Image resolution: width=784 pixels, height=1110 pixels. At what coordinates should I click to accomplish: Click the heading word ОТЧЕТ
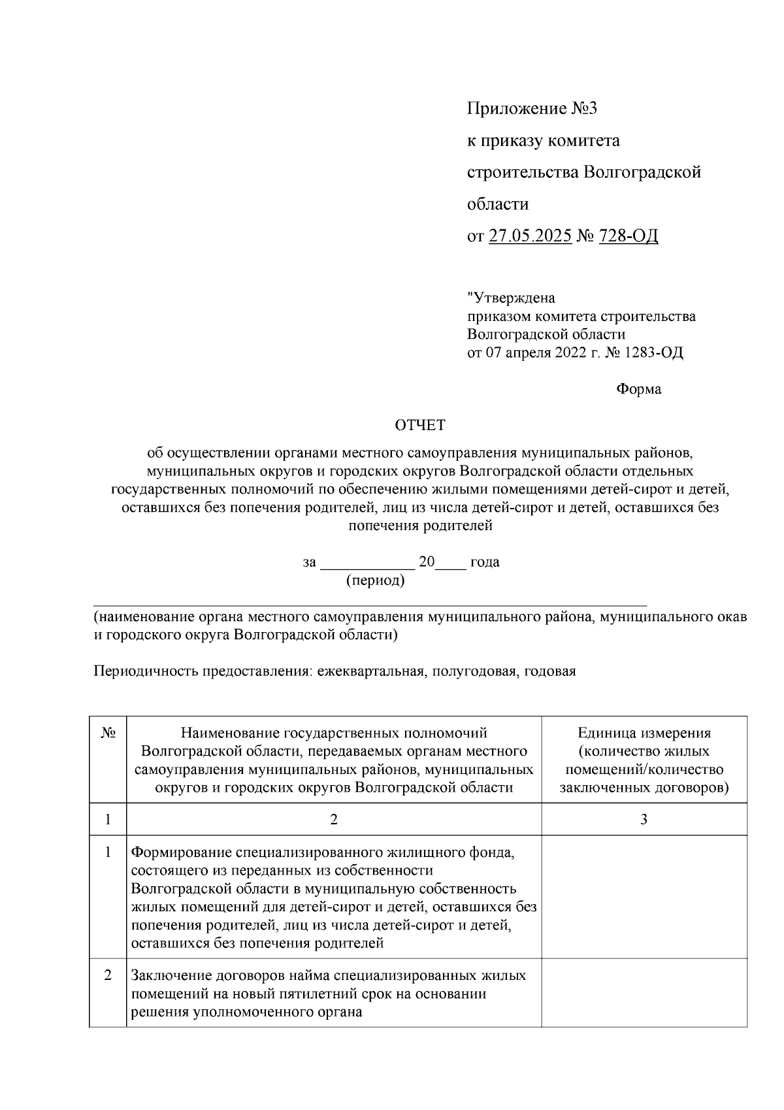(x=419, y=426)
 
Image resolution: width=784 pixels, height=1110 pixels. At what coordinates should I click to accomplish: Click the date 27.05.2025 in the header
(x=531, y=235)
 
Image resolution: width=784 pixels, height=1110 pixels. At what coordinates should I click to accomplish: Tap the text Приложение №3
(x=532, y=109)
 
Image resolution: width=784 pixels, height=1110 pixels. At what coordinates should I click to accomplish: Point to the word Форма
(x=638, y=390)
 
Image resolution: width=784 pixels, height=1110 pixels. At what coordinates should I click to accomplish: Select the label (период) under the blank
(x=375, y=580)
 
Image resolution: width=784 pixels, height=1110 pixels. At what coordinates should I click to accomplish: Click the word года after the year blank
(x=485, y=562)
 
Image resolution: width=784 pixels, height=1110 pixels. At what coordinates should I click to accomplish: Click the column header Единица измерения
(x=644, y=733)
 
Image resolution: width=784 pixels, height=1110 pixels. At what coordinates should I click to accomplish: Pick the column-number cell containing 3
(x=644, y=819)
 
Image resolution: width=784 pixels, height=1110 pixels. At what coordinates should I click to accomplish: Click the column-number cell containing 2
(x=333, y=819)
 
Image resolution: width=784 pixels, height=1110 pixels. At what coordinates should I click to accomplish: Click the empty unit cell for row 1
(x=644, y=897)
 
